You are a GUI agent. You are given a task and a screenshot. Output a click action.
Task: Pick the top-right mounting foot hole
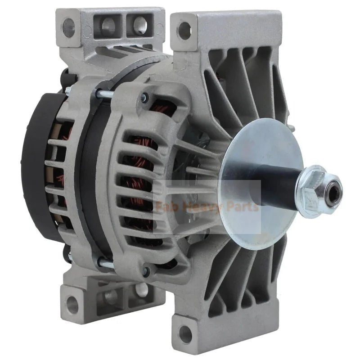click(x=184, y=30)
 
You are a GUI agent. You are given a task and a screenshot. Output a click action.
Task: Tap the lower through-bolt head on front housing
click(x=145, y=271)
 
